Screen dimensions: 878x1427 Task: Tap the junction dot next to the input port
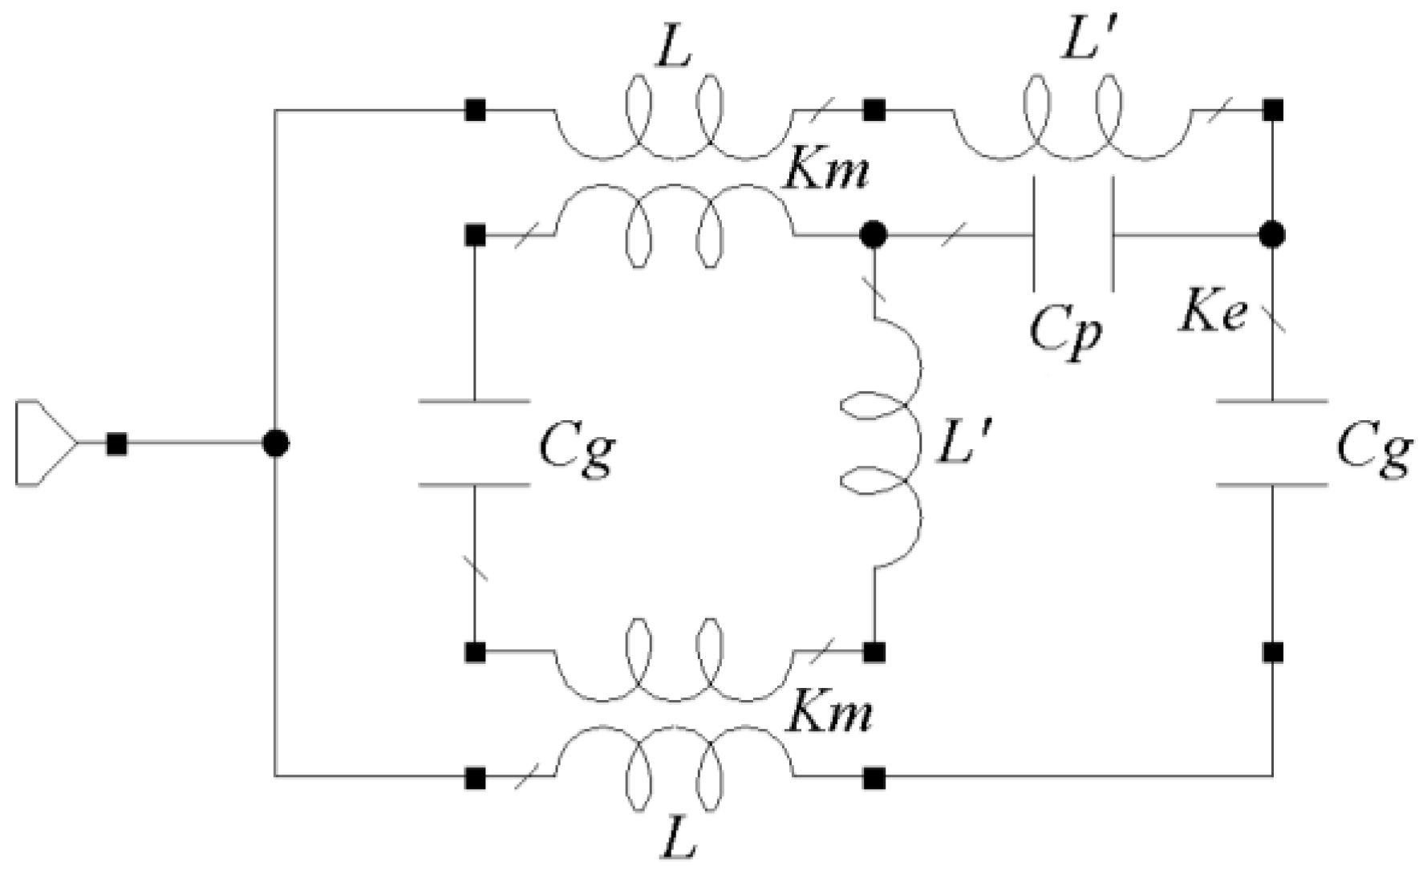coord(275,443)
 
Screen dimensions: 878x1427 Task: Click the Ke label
coord(1213,315)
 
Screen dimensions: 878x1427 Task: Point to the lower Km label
coord(828,713)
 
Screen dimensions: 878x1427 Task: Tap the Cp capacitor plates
coord(1072,235)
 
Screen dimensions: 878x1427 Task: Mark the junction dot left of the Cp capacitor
coord(873,235)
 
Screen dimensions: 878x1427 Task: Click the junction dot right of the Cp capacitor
coord(1272,235)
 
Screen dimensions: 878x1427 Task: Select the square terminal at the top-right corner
coord(1272,110)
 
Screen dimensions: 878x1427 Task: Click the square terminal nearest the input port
coord(117,443)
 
